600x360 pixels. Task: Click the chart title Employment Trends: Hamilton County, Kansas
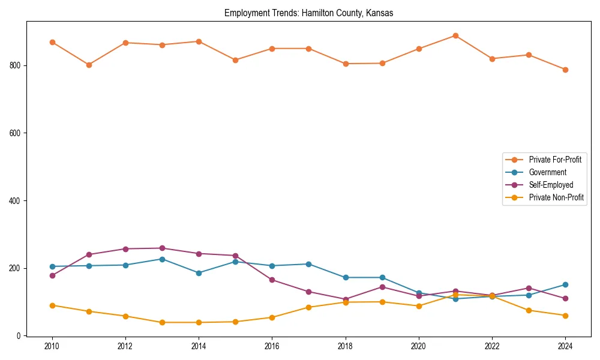(308, 13)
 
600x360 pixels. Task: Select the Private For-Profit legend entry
(555, 160)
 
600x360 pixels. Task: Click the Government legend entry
(547, 172)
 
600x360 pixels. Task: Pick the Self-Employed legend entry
(551, 185)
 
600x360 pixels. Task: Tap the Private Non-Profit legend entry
(556, 197)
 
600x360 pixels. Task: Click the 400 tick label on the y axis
(16, 200)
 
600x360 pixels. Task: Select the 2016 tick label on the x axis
(272, 346)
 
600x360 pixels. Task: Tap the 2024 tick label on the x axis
(565, 346)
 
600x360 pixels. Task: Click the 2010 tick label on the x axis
(52, 346)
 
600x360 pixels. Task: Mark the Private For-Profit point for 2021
(455, 35)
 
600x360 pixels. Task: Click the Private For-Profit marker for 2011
(89, 65)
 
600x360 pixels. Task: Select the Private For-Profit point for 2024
(565, 70)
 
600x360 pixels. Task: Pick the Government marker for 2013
(162, 259)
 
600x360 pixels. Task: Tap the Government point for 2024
(565, 285)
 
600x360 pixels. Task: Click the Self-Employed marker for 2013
(162, 248)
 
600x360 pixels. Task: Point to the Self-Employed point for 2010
(52, 275)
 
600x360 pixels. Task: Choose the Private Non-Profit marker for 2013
(162, 322)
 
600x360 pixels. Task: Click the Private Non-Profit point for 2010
(52, 305)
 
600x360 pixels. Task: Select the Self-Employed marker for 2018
(346, 299)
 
